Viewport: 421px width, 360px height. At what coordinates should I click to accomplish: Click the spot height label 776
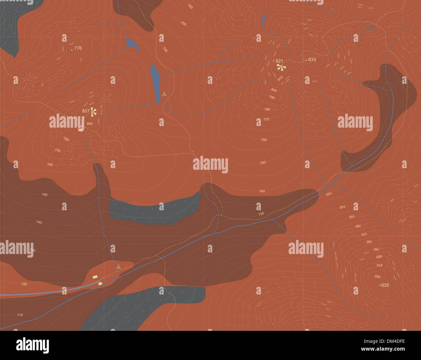(x=78, y=48)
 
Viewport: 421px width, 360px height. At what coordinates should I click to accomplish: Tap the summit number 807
(x=86, y=111)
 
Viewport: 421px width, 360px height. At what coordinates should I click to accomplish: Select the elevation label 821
(x=279, y=61)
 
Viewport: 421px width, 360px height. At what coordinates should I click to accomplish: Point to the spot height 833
(x=312, y=60)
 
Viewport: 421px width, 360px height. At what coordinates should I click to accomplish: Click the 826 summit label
(x=385, y=285)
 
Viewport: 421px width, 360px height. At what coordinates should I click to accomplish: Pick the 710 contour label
(x=20, y=315)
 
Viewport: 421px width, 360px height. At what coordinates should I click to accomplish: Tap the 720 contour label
(x=24, y=284)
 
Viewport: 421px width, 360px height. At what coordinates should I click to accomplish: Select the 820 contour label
(x=377, y=276)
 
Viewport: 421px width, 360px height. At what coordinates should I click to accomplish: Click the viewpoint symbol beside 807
(x=94, y=111)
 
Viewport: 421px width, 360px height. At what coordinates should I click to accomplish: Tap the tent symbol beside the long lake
(x=165, y=94)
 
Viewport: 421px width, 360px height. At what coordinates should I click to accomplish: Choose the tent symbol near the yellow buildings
(x=119, y=266)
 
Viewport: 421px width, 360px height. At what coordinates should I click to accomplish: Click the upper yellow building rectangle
(x=95, y=277)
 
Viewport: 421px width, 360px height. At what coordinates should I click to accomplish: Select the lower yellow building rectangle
(x=100, y=283)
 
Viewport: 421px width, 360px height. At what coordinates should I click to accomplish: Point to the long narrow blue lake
(x=155, y=83)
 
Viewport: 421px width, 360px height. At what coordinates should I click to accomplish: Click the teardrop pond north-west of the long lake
(x=132, y=43)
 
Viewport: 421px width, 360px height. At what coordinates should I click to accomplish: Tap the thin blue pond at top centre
(x=265, y=20)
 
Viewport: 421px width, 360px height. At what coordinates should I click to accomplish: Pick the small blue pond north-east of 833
(x=371, y=28)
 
